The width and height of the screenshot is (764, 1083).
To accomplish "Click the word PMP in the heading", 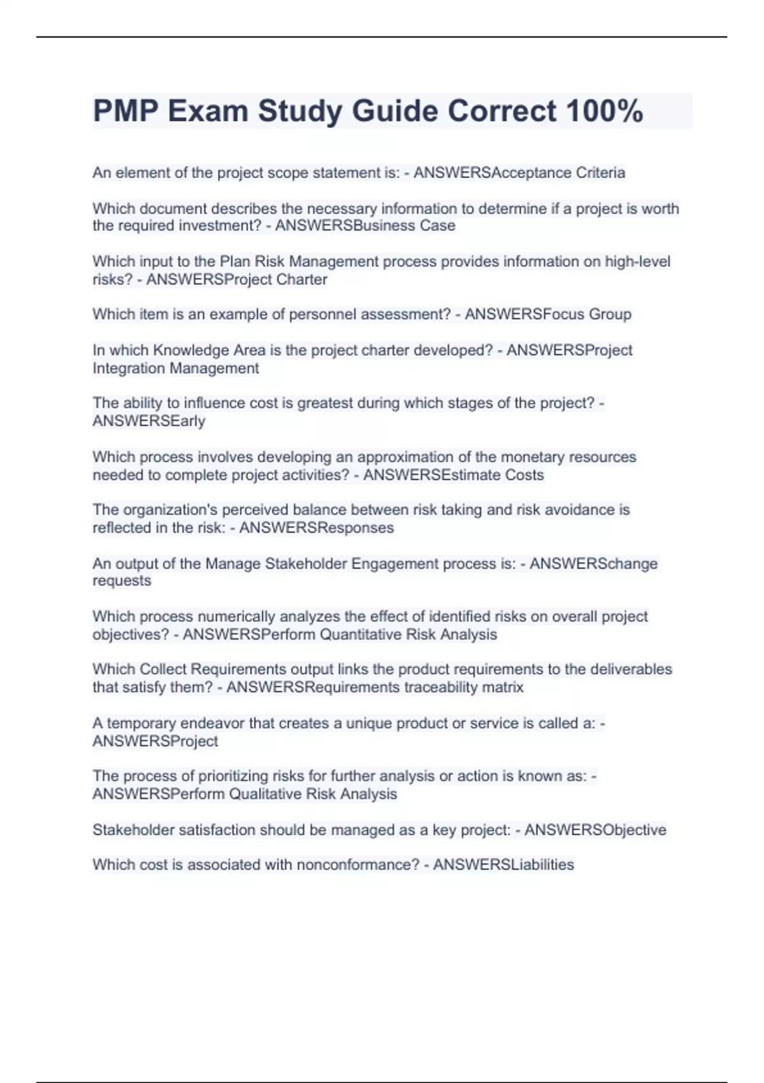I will tap(125, 111).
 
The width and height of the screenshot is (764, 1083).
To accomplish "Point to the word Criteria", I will tap(600, 173).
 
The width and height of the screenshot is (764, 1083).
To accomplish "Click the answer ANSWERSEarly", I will tap(149, 421).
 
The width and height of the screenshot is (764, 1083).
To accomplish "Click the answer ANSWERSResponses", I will tap(316, 527).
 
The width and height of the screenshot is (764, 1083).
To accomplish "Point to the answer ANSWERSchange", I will tap(593, 564).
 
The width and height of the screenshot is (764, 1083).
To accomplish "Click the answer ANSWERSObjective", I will tap(595, 829).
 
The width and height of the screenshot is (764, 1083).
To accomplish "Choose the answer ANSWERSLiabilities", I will tap(504, 864).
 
